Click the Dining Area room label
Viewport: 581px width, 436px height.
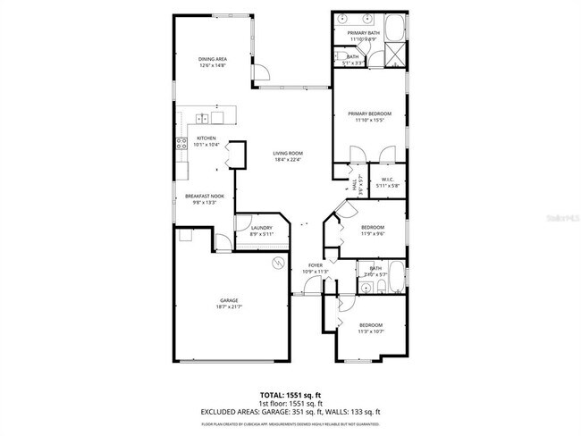click(212, 62)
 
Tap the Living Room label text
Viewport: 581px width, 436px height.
click(288, 156)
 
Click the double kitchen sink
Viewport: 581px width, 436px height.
click(204, 116)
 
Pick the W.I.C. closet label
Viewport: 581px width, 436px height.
click(387, 182)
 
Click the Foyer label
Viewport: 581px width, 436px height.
click(316, 268)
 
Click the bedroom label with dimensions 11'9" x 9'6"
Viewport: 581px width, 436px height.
click(373, 230)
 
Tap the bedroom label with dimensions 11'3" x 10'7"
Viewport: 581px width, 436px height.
click(370, 327)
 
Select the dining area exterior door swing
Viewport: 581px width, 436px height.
click(260, 73)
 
